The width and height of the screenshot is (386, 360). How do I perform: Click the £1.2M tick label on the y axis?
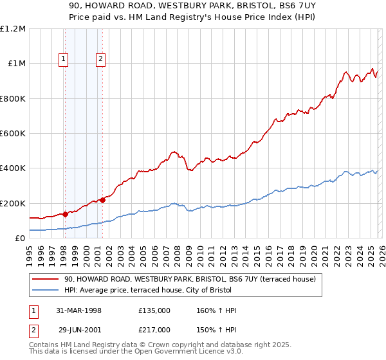pyautogui.click(x=13, y=29)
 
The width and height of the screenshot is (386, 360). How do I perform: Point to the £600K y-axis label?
pyautogui.click(x=13, y=134)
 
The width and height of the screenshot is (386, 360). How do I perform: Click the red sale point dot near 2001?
pyautogui.click(x=102, y=200)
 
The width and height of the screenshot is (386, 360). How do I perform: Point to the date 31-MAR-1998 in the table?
pyautogui.click(x=80, y=310)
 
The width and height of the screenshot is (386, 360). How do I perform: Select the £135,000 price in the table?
pyautogui.click(x=154, y=310)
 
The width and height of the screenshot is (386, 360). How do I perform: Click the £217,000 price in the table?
pyautogui.click(x=154, y=329)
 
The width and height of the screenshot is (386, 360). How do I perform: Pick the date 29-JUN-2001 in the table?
pyautogui.click(x=80, y=329)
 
